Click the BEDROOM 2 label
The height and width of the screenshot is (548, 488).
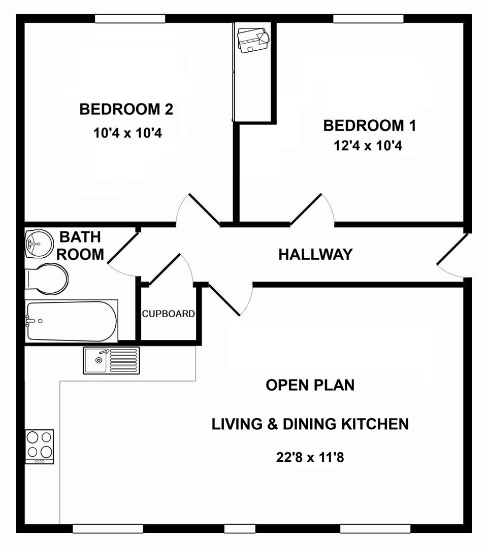click(x=126, y=109)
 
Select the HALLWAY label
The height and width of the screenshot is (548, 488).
click(x=315, y=254)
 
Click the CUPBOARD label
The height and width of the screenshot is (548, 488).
click(x=168, y=314)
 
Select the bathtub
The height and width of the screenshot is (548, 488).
click(x=71, y=321)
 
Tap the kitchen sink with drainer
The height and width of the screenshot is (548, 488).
click(x=111, y=360)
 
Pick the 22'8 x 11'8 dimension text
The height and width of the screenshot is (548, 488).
click(x=310, y=457)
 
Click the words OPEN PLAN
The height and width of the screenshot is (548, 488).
click(x=310, y=385)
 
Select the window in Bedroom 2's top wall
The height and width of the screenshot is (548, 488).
click(x=130, y=19)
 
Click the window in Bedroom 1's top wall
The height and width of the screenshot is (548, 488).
click(x=368, y=19)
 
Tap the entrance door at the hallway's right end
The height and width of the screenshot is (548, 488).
click(x=452, y=256)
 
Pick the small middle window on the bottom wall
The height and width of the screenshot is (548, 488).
click(x=240, y=529)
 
